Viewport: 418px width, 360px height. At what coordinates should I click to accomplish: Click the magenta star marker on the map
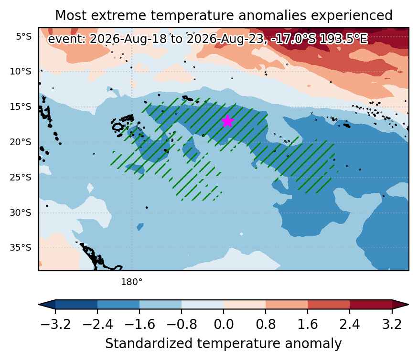(227, 121)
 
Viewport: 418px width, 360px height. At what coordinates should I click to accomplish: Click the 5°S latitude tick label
(24, 36)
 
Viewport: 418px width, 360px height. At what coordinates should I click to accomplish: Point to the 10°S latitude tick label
(21, 72)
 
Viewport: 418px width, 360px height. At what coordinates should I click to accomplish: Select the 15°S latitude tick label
(21, 107)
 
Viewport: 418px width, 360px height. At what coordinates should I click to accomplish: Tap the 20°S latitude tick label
(21, 142)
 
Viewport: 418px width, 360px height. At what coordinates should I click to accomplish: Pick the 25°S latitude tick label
(21, 177)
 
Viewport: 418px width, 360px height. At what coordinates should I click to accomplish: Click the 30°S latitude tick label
(21, 212)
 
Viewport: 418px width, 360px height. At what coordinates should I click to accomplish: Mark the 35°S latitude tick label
(21, 247)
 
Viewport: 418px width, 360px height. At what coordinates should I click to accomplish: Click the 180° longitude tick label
(132, 282)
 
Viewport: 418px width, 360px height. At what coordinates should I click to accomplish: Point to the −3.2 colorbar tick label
(55, 325)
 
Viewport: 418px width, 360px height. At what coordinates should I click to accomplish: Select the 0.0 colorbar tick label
(224, 325)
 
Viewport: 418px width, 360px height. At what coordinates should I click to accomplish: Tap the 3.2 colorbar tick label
(392, 325)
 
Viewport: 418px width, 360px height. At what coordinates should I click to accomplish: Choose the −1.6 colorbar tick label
(139, 325)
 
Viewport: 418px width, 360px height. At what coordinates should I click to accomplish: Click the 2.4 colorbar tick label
(350, 325)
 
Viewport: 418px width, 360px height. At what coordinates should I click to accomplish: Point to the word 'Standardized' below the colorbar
(149, 343)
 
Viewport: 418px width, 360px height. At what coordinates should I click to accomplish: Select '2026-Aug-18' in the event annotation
(128, 39)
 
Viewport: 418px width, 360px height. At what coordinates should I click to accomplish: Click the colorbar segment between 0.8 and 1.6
(287, 305)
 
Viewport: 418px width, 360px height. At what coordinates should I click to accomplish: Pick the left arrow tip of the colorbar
(39, 305)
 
